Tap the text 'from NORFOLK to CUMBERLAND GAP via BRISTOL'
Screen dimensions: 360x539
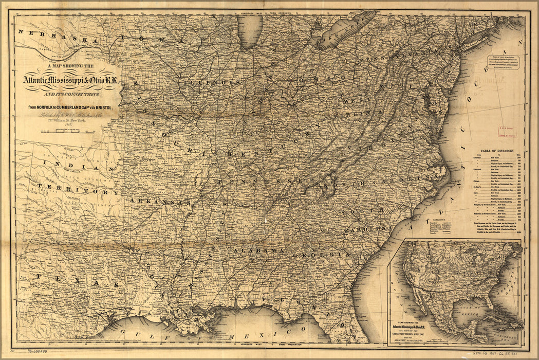point(75,107)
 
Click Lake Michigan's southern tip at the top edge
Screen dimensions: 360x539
point(251,44)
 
